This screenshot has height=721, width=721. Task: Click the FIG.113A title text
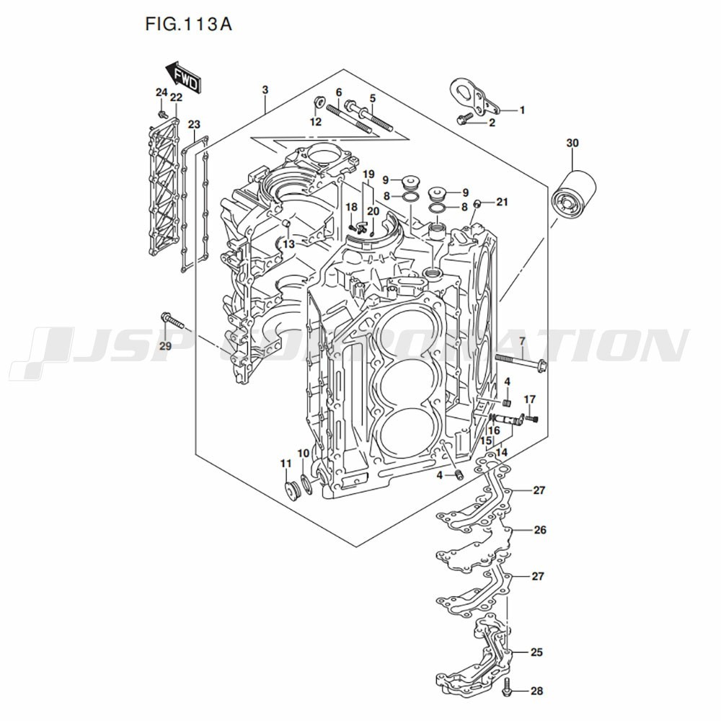click(x=188, y=24)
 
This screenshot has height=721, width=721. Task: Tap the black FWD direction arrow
click(x=182, y=78)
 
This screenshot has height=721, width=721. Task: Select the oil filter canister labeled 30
click(x=575, y=193)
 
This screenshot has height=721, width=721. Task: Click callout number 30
click(x=572, y=143)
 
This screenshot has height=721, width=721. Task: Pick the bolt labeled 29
click(x=172, y=320)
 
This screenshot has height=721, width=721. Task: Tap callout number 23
click(x=194, y=125)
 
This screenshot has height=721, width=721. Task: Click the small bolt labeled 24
click(x=162, y=112)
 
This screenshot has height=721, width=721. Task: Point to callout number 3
click(x=265, y=89)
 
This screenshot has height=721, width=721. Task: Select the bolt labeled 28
click(x=508, y=686)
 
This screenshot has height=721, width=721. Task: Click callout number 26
click(x=540, y=530)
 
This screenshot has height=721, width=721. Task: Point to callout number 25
click(x=536, y=652)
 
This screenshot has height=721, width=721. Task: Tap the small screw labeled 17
click(x=531, y=418)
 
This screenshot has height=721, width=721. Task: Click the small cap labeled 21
click(x=477, y=203)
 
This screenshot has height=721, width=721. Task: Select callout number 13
click(x=289, y=244)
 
